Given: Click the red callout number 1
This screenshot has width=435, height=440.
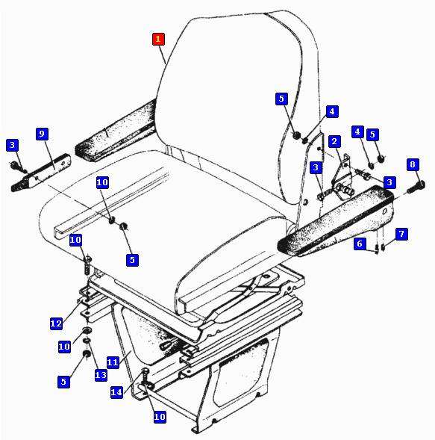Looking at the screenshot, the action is (158, 39).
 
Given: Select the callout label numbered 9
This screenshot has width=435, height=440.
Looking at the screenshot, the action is (42, 134).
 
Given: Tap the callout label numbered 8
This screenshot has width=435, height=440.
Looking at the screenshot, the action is (413, 164).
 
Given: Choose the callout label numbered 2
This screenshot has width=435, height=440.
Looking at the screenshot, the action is (334, 141).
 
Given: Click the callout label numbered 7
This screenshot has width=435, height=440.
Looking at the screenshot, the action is (401, 234).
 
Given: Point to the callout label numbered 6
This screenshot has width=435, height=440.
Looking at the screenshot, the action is (360, 244).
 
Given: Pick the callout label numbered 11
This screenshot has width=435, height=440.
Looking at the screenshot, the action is (113, 362).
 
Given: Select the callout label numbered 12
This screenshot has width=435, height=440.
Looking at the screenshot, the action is (56, 323).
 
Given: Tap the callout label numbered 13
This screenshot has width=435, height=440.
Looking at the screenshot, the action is (101, 375).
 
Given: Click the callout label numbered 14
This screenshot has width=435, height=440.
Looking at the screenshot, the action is (116, 392).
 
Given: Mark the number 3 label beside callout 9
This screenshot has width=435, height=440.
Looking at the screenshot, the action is (12, 145).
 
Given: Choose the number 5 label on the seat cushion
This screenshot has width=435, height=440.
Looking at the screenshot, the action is (132, 260).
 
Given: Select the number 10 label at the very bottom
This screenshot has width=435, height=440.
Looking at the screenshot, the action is (160, 417).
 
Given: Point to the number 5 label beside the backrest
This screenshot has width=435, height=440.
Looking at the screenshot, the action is (281, 99).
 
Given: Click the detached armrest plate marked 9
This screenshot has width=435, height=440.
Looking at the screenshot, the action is (40, 173).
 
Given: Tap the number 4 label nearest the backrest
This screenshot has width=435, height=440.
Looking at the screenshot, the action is (332, 111).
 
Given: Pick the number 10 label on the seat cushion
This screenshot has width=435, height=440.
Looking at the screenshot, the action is (102, 182).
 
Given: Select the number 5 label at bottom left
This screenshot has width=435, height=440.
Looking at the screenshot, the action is (63, 382).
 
